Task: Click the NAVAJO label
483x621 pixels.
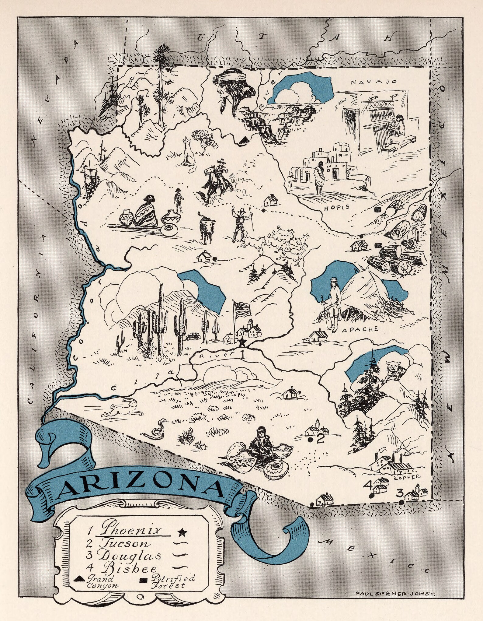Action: (374, 82)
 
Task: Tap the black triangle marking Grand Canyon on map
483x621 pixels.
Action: (244, 140)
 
